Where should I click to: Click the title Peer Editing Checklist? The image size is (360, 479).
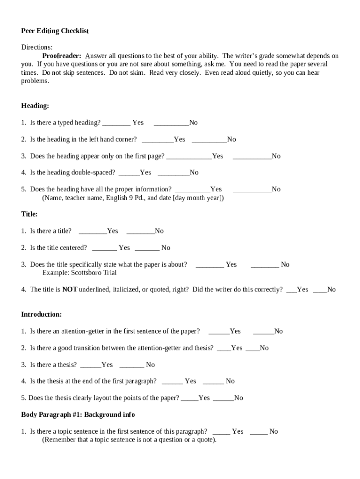55,31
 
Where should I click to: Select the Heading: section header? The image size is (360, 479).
35,106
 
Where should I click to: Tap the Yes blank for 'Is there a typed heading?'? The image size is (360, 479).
116,123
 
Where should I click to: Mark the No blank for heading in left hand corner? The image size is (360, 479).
209,140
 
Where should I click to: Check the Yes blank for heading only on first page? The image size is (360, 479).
189,157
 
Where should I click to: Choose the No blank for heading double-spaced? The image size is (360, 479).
173,173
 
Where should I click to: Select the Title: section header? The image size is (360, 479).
29,214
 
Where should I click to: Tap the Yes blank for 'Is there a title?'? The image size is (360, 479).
93,232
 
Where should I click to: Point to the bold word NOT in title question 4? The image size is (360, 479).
70,290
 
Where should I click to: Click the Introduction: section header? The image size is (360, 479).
41,314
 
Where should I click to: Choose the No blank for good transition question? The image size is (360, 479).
252,348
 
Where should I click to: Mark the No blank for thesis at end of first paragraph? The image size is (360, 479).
213,382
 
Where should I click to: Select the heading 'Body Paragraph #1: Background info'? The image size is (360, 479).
78,415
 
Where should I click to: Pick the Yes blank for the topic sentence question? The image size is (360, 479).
221,432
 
